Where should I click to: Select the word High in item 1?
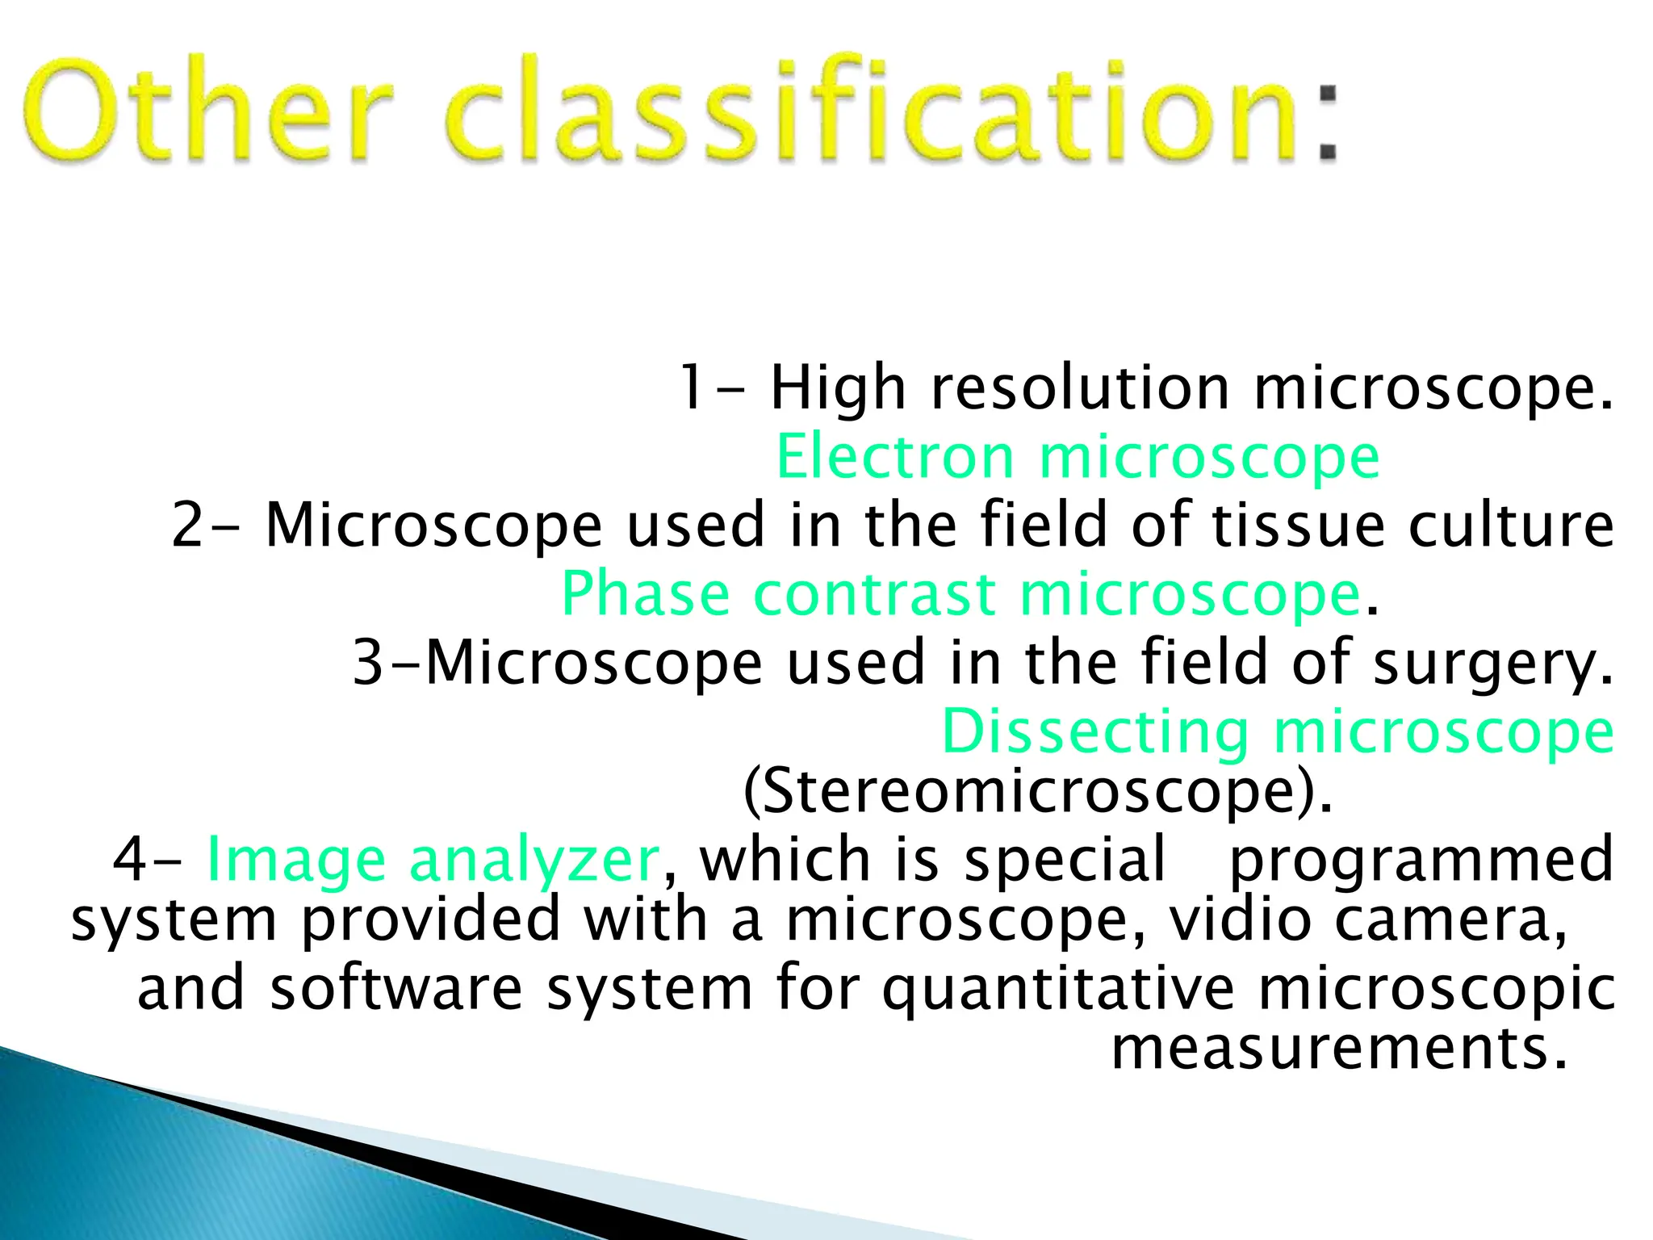(x=838, y=388)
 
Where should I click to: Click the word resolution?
(x=1081, y=388)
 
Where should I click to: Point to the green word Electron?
(x=894, y=457)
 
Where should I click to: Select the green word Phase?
(x=645, y=594)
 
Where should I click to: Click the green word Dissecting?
(x=1094, y=731)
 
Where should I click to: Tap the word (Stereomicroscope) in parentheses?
(x=1037, y=792)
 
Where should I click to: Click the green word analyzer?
(x=534, y=860)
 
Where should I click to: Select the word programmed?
(x=1421, y=860)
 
